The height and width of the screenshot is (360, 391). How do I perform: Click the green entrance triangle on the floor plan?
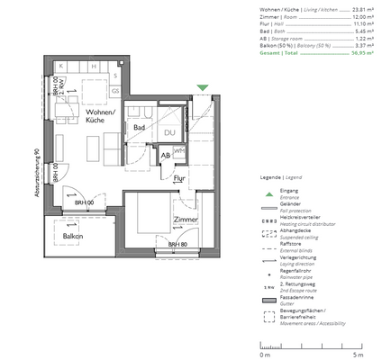[203, 87]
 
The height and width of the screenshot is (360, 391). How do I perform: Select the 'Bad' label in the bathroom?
[140, 129]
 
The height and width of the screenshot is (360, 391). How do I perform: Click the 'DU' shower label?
[168, 132]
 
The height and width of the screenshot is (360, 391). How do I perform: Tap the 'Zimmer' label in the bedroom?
[187, 220]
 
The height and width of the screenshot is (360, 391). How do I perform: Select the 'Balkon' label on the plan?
[73, 237]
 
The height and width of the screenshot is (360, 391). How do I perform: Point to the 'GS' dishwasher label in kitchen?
[115, 91]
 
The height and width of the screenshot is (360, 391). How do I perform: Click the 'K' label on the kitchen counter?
[60, 67]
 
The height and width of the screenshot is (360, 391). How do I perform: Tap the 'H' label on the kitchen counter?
[92, 67]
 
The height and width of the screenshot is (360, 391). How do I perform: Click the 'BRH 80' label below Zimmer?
[177, 244]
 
